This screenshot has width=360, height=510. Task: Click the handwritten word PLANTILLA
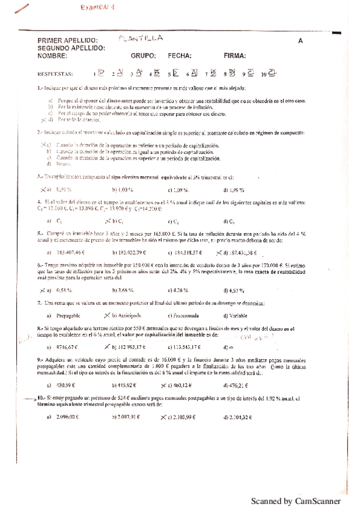pos(141,38)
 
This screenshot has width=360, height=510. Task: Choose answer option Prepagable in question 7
pos(70,316)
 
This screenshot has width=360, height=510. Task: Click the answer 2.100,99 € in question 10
pos(180,417)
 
